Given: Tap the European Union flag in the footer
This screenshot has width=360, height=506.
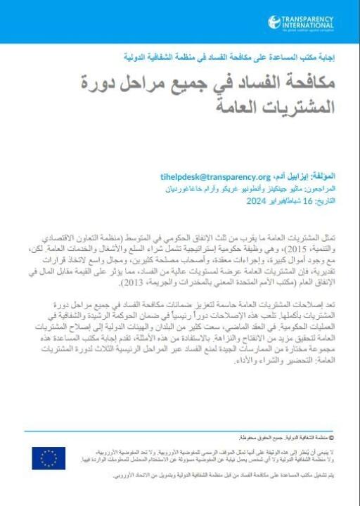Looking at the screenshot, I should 49,458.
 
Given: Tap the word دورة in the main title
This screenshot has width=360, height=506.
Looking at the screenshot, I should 95,83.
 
